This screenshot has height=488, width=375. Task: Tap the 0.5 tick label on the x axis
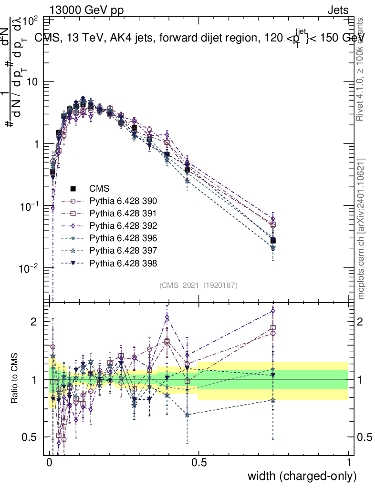click(199, 463)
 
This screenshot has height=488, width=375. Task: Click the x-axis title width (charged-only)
click(302, 476)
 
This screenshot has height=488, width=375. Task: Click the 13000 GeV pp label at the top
click(86, 10)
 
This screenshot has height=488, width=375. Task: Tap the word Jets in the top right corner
click(337, 10)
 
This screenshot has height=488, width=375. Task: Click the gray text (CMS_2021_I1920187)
click(198, 285)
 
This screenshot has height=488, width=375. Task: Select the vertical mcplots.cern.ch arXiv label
click(362, 228)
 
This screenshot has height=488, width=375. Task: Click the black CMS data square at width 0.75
click(272, 241)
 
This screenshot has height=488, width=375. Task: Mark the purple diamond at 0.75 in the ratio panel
click(272, 311)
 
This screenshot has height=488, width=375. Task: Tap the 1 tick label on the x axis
click(349, 463)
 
